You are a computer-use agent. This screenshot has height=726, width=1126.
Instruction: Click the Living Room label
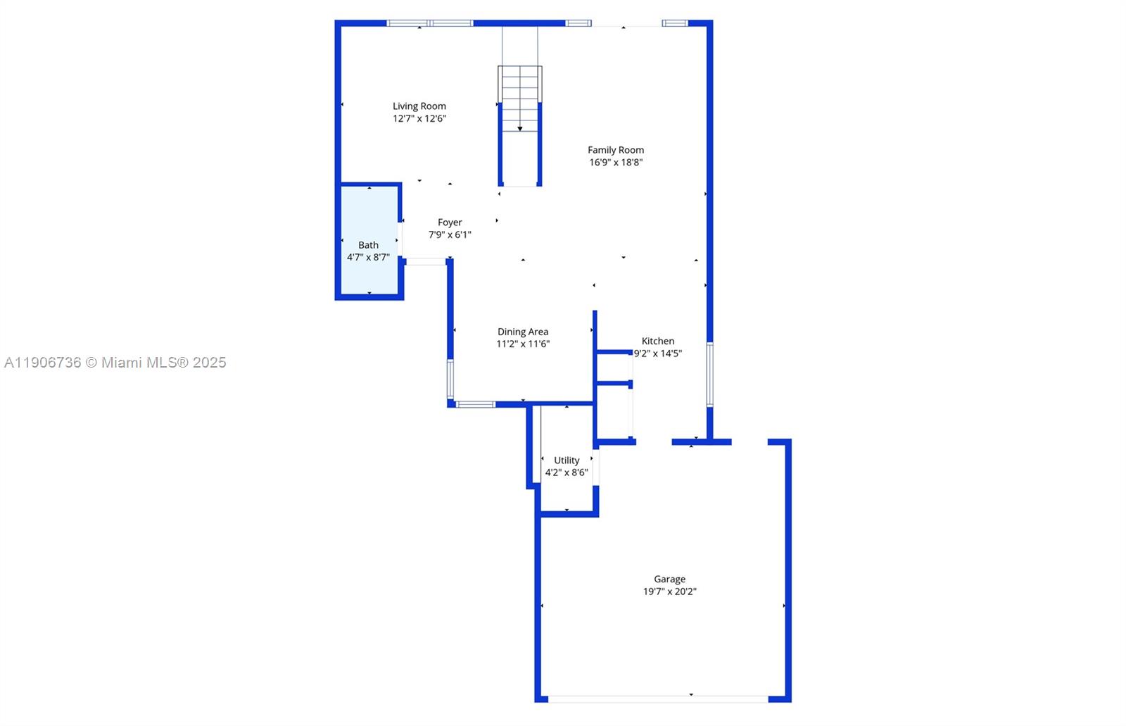(419, 106)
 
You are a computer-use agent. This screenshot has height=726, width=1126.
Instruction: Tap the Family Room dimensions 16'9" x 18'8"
(616, 162)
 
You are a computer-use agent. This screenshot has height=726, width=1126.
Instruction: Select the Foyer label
(450, 223)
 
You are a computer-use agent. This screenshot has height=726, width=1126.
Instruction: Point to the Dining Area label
(522, 332)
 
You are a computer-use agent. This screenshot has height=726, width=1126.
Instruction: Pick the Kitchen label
(657, 341)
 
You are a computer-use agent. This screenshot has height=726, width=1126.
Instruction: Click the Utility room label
(567, 461)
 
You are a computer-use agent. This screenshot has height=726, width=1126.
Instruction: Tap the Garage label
(669, 580)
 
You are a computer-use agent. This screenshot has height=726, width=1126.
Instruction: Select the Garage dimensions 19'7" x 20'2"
(669, 592)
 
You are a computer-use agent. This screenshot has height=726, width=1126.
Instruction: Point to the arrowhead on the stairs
(520, 129)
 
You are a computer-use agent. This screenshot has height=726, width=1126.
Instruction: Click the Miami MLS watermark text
(115, 363)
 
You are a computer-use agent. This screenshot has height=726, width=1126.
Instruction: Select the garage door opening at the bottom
(657, 699)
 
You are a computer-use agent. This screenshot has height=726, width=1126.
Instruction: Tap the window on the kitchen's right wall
(709, 374)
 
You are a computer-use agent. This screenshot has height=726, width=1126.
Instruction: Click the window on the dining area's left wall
(450, 380)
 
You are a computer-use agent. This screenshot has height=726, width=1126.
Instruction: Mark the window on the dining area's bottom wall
(475, 404)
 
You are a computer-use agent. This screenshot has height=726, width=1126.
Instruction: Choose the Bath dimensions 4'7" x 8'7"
(368, 258)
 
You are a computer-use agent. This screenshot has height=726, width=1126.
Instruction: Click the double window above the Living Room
(430, 23)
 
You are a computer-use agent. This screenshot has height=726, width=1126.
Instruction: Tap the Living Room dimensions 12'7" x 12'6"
(419, 118)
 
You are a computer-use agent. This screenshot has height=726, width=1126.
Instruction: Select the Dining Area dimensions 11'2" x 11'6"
(522, 344)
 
